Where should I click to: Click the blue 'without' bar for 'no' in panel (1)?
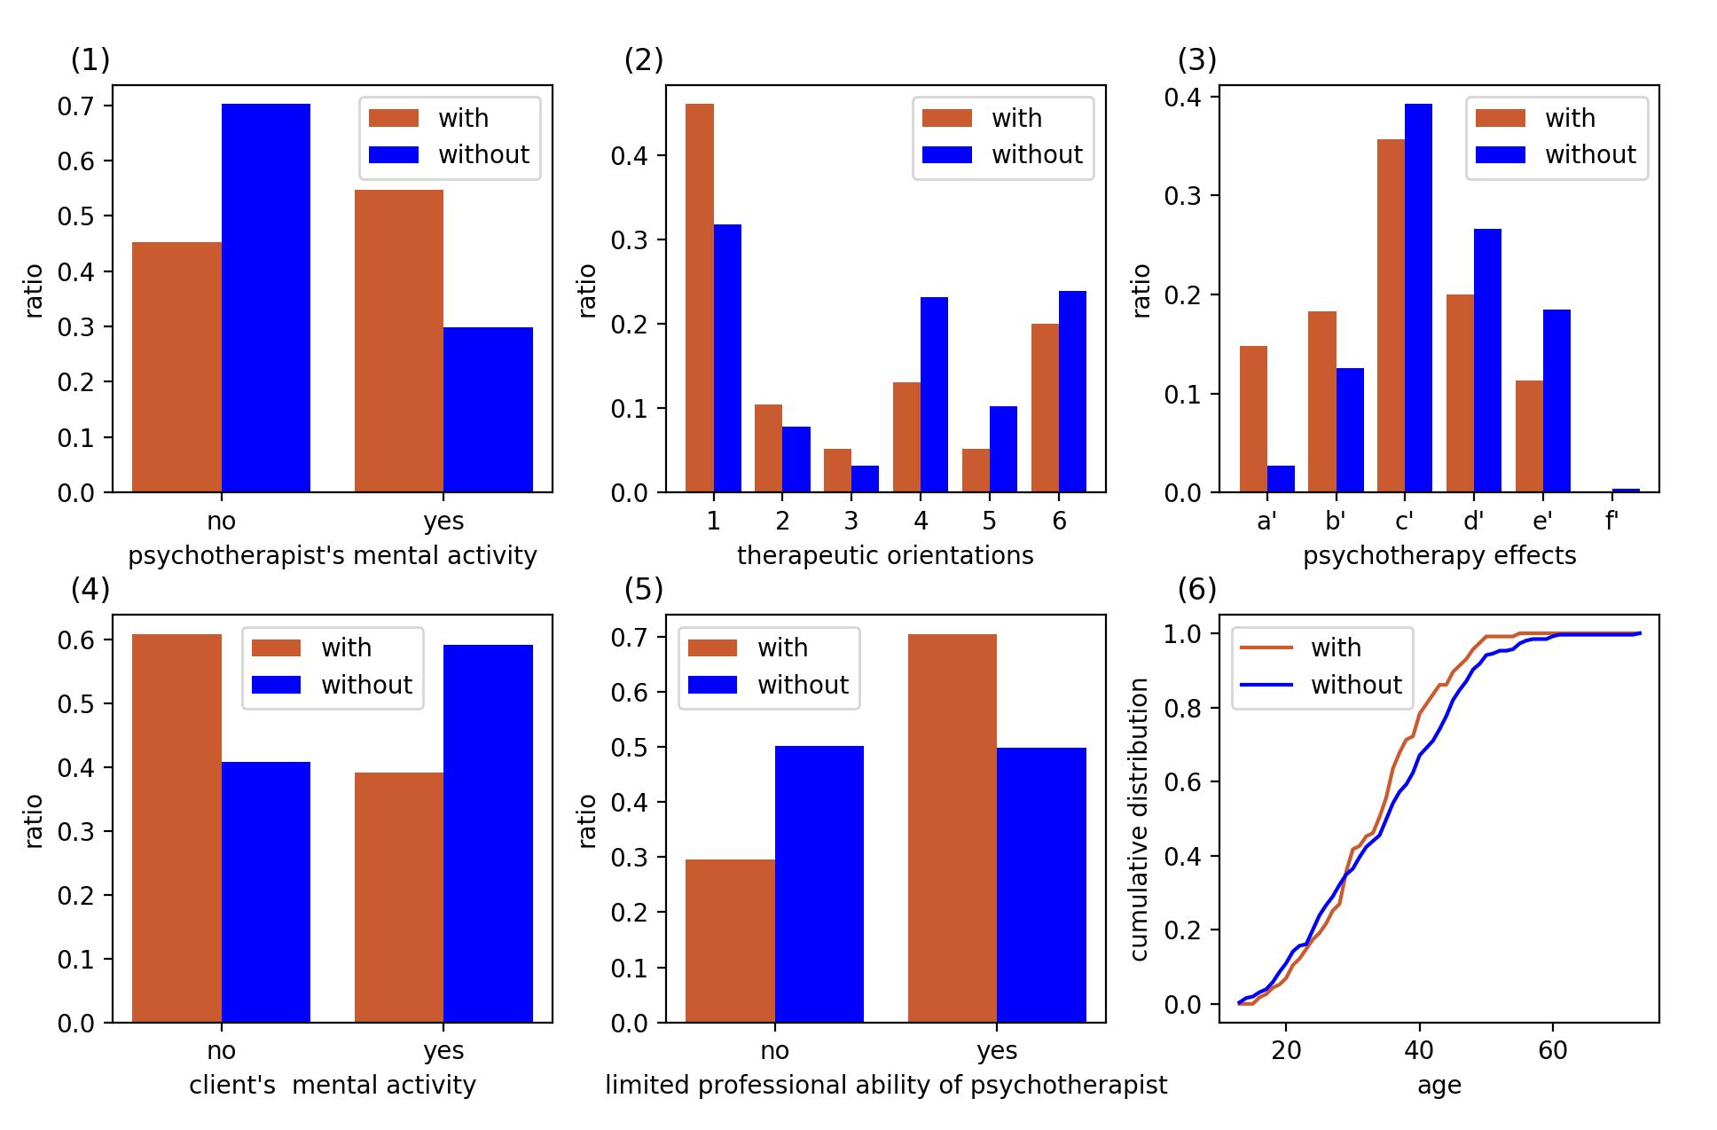click(266, 298)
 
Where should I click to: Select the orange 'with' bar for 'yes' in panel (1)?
click(398, 341)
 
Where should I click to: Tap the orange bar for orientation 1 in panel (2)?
click(699, 298)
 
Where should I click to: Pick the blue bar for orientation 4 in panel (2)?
click(934, 395)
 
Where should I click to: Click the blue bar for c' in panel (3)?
click(1418, 298)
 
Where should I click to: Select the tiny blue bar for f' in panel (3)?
click(1626, 490)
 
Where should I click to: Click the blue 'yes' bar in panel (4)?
click(488, 834)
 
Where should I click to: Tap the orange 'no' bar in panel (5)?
click(730, 941)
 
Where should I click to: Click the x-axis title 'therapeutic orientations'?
click(885, 556)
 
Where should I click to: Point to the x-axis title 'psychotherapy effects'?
click(1439, 556)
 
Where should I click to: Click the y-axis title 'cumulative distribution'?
click(1141, 819)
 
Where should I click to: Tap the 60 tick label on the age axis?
click(1553, 1051)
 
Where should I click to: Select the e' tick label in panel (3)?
click(1542, 522)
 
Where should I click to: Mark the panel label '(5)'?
click(644, 590)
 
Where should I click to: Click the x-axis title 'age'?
click(1439, 1086)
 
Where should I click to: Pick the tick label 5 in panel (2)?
click(989, 522)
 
